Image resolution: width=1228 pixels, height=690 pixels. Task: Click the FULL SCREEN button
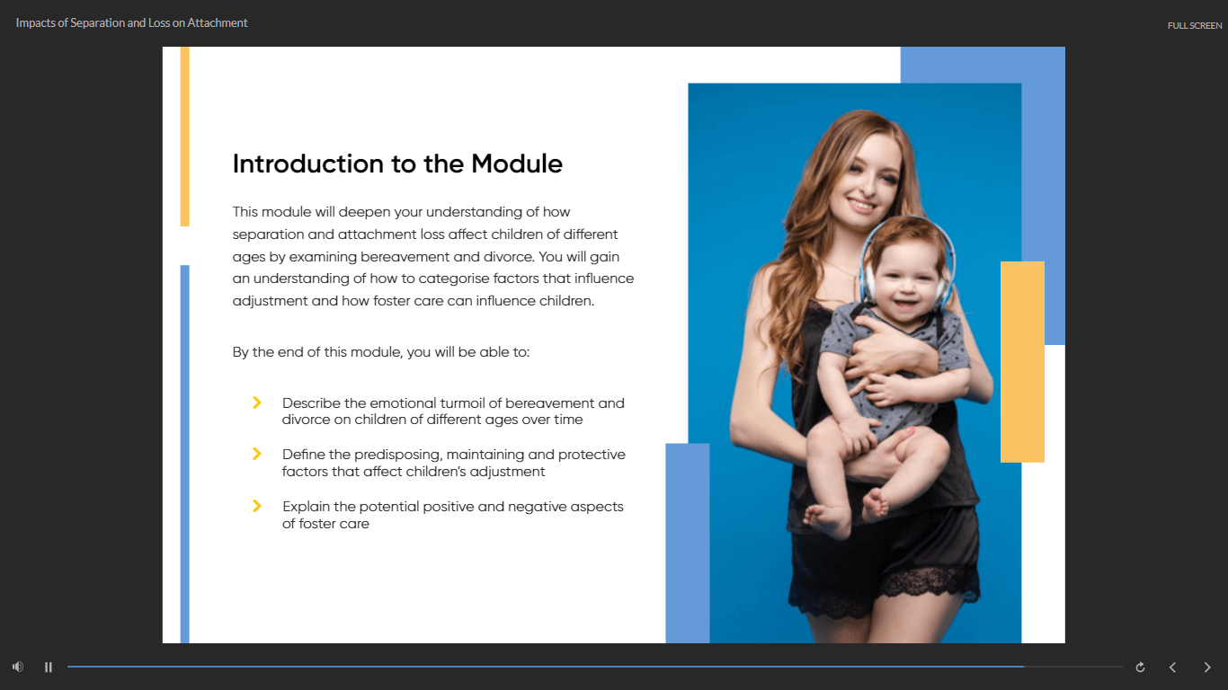click(x=1195, y=25)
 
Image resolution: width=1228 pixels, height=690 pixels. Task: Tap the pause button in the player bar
click(x=49, y=667)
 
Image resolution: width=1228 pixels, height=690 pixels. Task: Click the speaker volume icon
click(x=18, y=667)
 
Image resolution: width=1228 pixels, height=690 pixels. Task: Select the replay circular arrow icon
click(x=1140, y=667)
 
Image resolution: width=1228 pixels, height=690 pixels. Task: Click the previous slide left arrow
click(x=1172, y=667)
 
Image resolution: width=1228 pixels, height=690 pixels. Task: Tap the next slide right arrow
click(x=1207, y=667)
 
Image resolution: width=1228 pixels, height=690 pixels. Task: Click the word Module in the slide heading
click(x=516, y=164)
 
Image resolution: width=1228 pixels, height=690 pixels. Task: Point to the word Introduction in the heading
click(x=307, y=164)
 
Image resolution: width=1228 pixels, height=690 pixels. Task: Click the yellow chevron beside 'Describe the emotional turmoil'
click(x=256, y=402)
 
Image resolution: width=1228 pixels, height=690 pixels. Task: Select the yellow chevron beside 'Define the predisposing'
click(x=256, y=454)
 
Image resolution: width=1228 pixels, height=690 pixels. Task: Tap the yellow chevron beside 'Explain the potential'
click(x=256, y=506)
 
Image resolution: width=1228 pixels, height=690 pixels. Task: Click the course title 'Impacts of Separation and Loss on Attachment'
click(x=131, y=23)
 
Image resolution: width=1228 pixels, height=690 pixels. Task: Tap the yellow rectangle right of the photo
click(x=1022, y=362)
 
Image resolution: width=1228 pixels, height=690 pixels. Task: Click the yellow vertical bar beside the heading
click(x=185, y=137)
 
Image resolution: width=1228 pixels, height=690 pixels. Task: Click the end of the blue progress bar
click(x=1023, y=667)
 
